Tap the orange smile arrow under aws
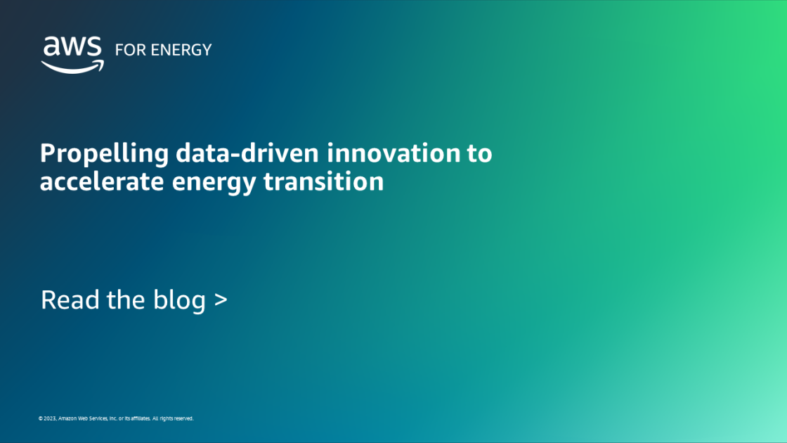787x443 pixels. (x=72, y=65)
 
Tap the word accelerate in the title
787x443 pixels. (x=96, y=181)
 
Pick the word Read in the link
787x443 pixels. (x=71, y=300)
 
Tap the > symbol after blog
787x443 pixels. (x=221, y=301)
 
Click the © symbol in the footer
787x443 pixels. (x=41, y=418)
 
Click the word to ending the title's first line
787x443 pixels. (x=480, y=153)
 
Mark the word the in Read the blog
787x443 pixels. (x=126, y=300)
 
